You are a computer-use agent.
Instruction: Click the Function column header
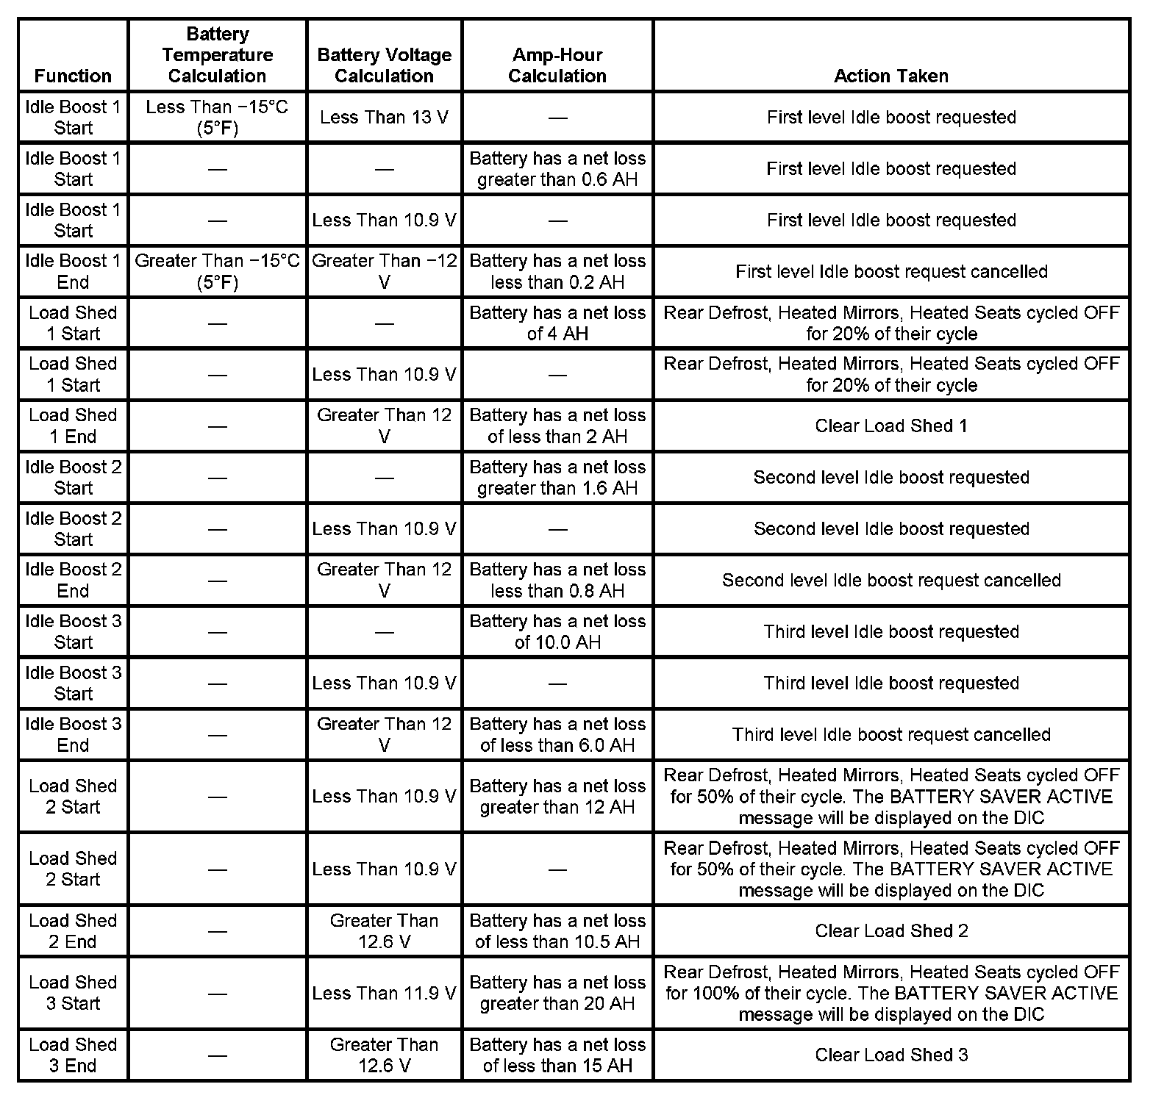pyautogui.click(x=73, y=76)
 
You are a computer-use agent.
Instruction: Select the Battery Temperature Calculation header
pyautogui.click(x=217, y=55)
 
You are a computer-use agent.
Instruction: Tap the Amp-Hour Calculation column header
pyautogui.click(x=557, y=65)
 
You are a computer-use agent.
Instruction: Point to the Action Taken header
pyautogui.click(x=890, y=76)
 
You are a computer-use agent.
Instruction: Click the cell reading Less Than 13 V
pyautogui.click(x=384, y=118)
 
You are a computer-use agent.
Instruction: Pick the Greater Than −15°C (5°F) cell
pyautogui.click(x=217, y=271)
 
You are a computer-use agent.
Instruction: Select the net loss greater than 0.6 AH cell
pyautogui.click(x=557, y=169)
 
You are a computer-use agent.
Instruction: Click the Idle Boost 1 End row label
pyautogui.click(x=73, y=271)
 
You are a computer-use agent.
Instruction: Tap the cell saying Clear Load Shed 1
pyautogui.click(x=890, y=426)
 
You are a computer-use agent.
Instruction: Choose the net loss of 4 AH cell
pyautogui.click(x=557, y=323)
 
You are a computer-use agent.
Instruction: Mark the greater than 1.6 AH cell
pyautogui.click(x=557, y=478)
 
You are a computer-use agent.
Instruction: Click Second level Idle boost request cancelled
pyautogui.click(x=890, y=581)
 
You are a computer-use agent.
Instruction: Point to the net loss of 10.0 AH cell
pyautogui.click(x=557, y=632)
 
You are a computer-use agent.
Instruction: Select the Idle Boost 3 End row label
pyautogui.click(x=73, y=734)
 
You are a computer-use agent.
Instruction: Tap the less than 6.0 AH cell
pyautogui.click(x=557, y=734)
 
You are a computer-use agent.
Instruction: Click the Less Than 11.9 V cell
pyautogui.click(x=384, y=994)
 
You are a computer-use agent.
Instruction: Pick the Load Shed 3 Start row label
pyautogui.click(x=73, y=993)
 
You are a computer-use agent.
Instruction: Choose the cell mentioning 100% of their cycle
pyautogui.click(x=890, y=994)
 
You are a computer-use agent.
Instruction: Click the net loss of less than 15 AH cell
pyautogui.click(x=557, y=1055)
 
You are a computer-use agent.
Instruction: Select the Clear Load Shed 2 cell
pyautogui.click(x=890, y=931)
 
